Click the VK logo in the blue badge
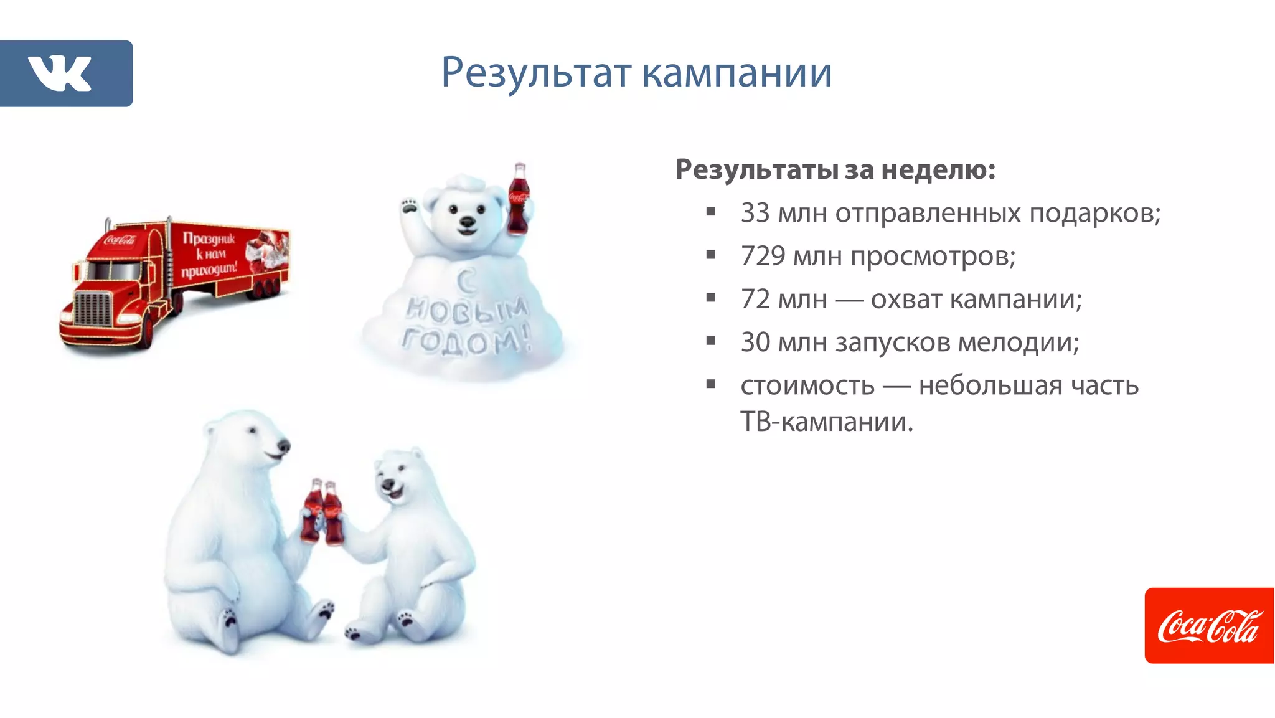tap(60, 73)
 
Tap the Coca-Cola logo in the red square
tap(1209, 626)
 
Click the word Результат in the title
tap(536, 73)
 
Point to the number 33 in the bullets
tap(755, 213)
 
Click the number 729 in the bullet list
tap(763, 256)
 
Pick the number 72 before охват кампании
tap(755, 300)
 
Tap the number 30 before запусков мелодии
tap(755, 342)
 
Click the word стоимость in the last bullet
tap(807, 385)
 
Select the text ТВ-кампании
tap(826, 422)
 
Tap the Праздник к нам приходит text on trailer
tap(209, 254)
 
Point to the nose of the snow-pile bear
tap(467, 222)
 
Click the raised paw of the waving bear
tap(409, 205)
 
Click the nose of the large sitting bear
tap(284, 446)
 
